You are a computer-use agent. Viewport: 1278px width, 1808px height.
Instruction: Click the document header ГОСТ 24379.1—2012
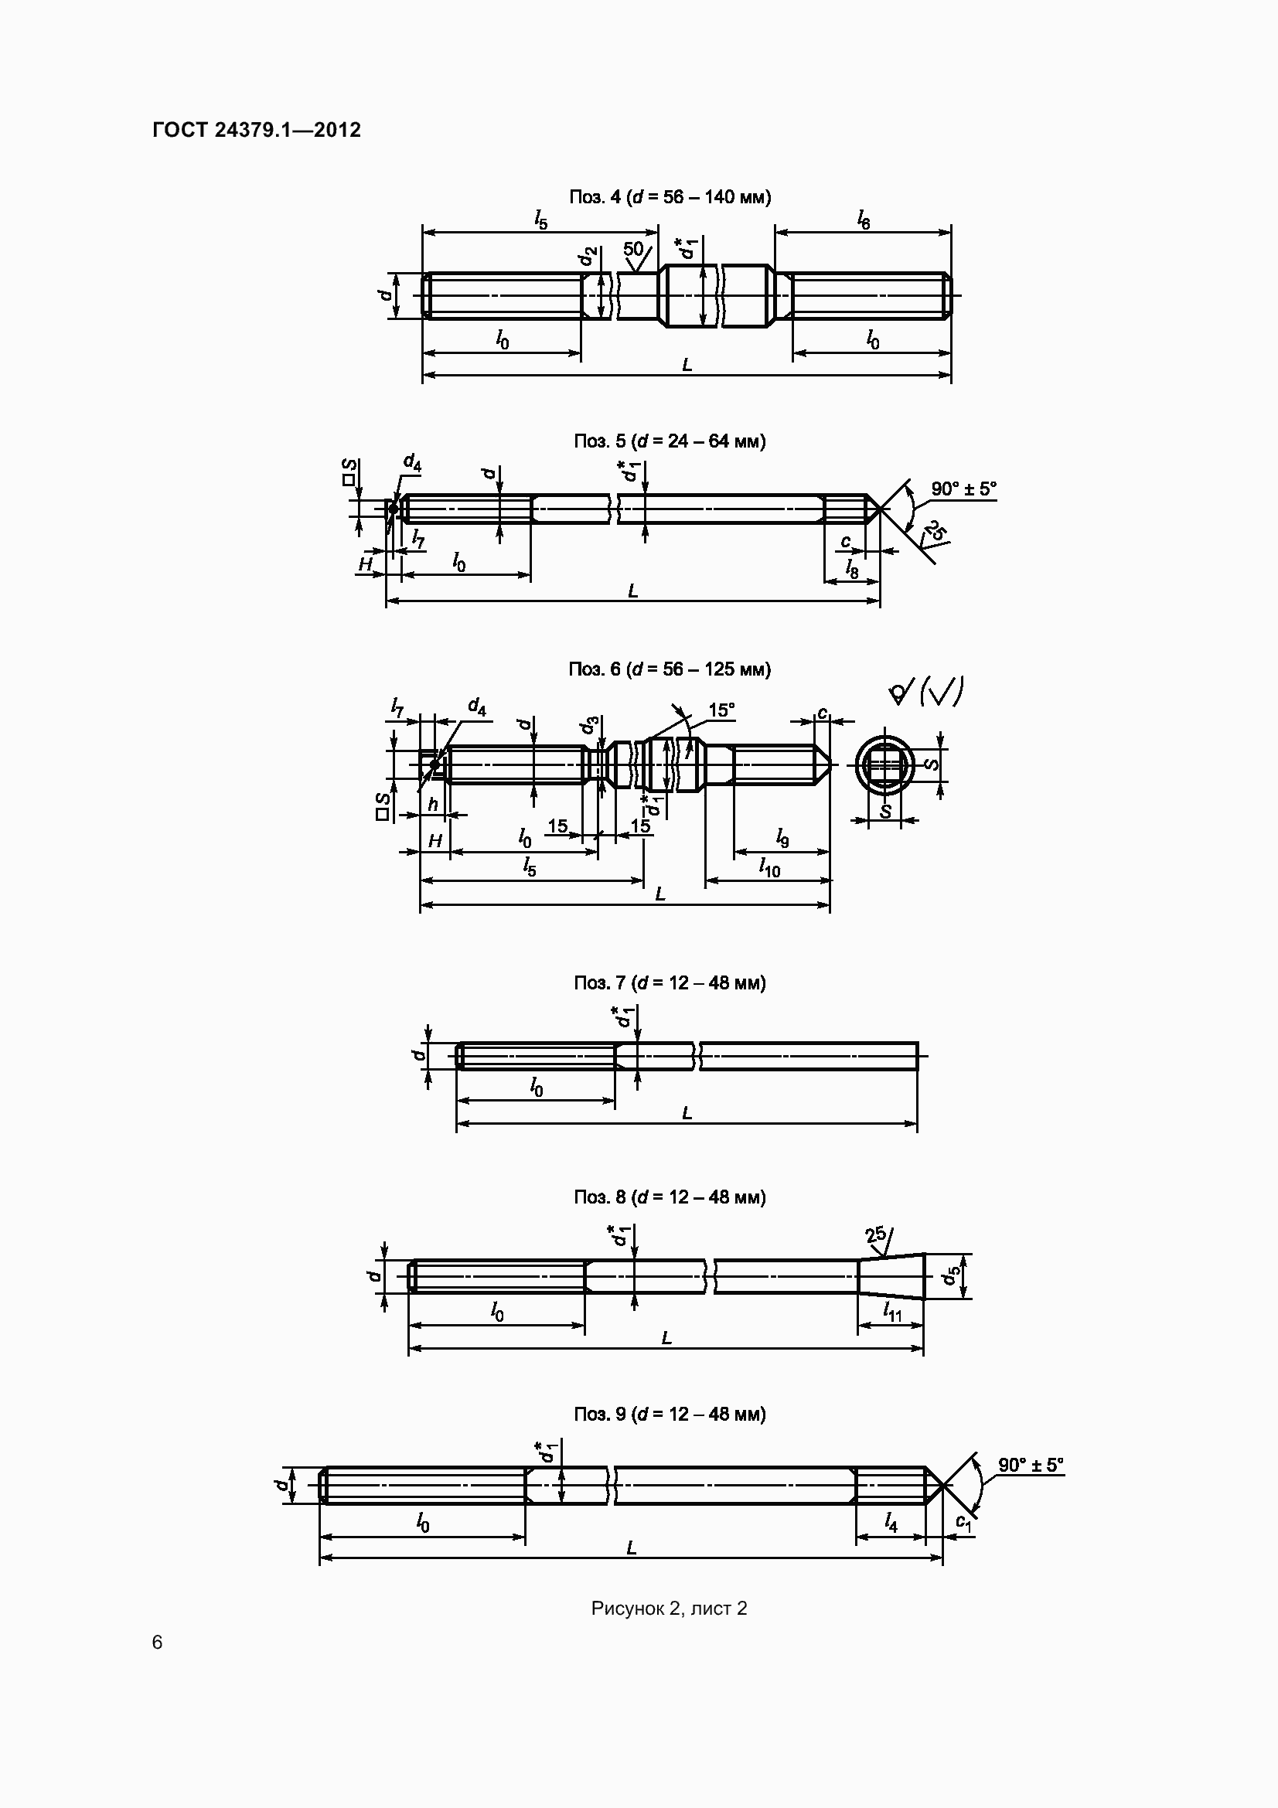click(257, 130)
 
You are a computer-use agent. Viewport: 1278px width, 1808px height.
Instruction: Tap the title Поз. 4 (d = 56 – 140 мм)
click(670, 196)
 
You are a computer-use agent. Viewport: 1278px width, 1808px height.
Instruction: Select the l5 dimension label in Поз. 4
click(540, 220)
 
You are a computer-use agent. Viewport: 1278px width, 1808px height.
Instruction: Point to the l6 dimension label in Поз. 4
click(864, 220)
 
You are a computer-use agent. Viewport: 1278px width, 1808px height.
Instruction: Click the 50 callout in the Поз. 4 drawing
click(634, 250)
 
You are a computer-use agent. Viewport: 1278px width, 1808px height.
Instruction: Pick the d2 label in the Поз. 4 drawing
click(588, 257)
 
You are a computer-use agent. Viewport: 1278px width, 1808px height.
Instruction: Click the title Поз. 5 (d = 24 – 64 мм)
click(670, 441)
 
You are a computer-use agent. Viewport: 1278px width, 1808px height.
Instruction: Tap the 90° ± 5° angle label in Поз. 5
click(963, 489)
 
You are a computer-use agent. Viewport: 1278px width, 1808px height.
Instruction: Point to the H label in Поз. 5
click(366, 564)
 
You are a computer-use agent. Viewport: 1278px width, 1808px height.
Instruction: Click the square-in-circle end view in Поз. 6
click(884, 764)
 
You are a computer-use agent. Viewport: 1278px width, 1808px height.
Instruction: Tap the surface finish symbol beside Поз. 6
click(925, 691)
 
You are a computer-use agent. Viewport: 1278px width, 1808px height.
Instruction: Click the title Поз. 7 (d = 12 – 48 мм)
click(670, 982)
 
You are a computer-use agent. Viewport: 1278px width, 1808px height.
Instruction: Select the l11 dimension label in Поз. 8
click(891, 1311)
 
